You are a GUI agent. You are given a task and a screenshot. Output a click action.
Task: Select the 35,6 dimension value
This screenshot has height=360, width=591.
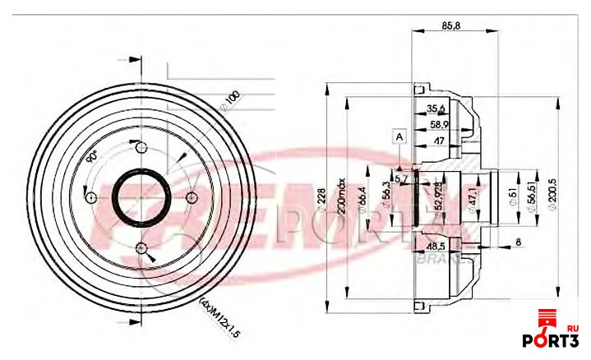click(x=436, y=108)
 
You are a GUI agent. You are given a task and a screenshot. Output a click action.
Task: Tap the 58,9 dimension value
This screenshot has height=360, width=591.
click(x=440, y=125)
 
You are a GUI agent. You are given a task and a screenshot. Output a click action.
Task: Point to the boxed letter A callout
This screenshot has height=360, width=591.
click(x=399, y=136)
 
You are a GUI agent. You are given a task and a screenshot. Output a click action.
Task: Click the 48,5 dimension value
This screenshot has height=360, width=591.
click(x=436, y=246)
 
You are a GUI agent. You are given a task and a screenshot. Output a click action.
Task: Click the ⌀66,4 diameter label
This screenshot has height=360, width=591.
click(x=362, y=197)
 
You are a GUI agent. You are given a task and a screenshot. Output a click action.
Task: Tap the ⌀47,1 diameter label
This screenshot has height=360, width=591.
click(x=473, y=198)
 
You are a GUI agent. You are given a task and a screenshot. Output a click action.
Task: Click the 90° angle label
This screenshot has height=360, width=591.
click(x=93, y=156)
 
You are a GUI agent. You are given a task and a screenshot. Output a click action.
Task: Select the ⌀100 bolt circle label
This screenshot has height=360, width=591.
click(x=230, y=102)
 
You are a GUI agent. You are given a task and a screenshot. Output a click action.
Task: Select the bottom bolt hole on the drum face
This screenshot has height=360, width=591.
click(x=141, y=247)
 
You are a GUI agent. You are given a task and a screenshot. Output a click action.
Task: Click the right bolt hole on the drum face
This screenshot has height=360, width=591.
click(x=191, y=197)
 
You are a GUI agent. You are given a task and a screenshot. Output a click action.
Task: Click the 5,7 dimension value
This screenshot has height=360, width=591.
click(x=402, y=178)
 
